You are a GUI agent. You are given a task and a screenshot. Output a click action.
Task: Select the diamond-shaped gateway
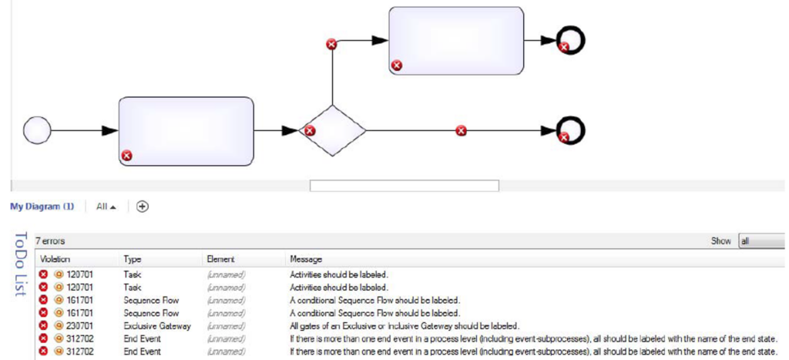332,131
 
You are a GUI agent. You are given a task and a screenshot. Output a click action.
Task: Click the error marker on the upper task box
397,66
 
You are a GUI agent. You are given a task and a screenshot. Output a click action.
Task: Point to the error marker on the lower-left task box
127,156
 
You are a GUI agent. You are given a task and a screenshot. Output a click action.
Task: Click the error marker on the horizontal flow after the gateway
461,131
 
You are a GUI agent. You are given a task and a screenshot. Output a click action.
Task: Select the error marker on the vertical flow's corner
332,44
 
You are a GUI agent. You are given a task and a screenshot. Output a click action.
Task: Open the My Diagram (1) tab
42,207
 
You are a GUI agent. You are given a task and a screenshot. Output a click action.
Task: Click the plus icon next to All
143,207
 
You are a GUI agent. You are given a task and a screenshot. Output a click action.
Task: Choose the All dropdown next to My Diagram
106,207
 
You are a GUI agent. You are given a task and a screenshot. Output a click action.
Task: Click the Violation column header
55,260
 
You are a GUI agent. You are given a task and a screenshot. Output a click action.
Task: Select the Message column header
306,260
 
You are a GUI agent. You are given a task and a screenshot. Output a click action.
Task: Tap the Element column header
220,260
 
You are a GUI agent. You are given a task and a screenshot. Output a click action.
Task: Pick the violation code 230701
81,326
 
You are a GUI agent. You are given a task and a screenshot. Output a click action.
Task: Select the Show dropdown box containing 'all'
761,241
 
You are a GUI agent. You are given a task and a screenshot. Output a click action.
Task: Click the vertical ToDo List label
21,263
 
